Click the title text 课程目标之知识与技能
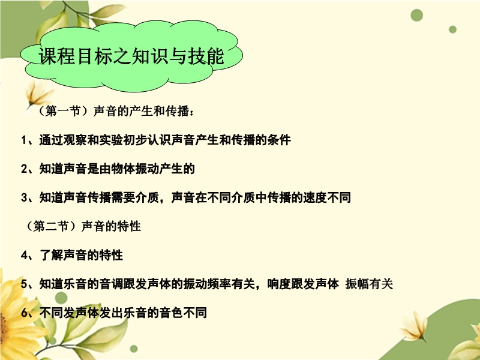(x=131, y=56)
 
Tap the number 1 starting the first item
(x=24, y=140)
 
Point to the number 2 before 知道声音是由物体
(x=24, y=169)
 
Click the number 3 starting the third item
(x=24, y=198)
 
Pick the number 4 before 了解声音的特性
(x=24, y=256)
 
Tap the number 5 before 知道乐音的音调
(x=24, y=284)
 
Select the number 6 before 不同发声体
(x=24, y=313)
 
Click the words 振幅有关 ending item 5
(x=369, y=284)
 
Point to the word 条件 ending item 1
(x=279, y=140)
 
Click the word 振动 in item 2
(x=147, y=169)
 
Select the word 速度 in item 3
(x=315, y=198)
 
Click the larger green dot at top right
(x=416, y=15)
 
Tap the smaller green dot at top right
(x=453, y=29)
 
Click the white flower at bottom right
(x=413, y=327)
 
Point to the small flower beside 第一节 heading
(x=38, y=94)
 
